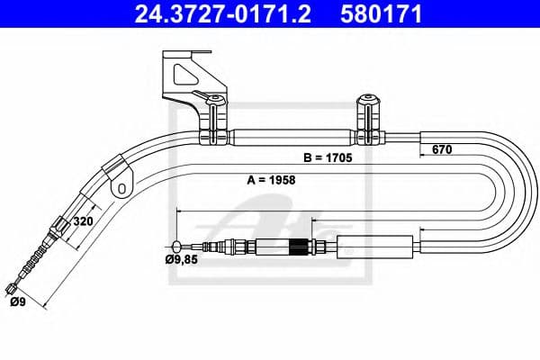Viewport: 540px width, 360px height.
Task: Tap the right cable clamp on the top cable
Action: [x=367, y=119]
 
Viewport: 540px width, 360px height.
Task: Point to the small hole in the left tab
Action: [x=118, y=190]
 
